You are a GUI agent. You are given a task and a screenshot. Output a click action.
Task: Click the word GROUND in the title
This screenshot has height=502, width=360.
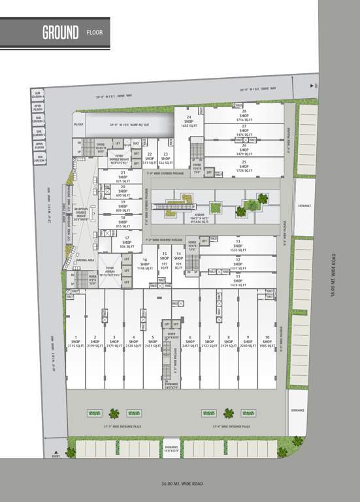pyautogui.click(x=61, y=31)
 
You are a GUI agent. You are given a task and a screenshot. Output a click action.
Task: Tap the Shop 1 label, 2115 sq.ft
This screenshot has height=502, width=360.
pyautogui.click(x=76, y=341)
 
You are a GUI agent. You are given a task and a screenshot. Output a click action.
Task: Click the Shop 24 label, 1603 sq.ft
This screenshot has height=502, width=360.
pyautogui.click(x=188, y=122)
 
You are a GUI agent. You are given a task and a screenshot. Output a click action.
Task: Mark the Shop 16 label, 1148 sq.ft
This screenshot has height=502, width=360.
pyautogui.click(x=144, y=263)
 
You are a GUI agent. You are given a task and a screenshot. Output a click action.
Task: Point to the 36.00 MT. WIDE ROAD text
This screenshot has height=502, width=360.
pyautogui.click(x=182, y=484)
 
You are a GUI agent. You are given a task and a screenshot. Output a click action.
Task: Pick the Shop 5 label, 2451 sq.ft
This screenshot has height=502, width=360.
pyautogui.click(x=152, y=341)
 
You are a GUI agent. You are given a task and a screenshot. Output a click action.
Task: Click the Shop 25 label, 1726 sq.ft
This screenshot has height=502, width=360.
pyautogui.click(x=244, y=165)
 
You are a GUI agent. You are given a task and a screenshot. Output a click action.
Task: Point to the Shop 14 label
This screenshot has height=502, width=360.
pyautogui.click(x=178, y=258)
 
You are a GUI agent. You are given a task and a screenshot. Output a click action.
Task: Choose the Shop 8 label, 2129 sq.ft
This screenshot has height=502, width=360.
pyautogui.click(x=228, y=341)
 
